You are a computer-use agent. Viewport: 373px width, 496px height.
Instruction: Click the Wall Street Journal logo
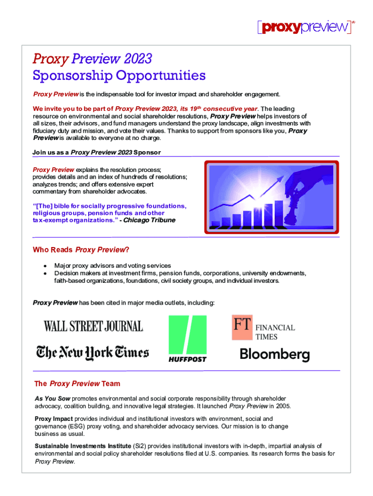(x=93, y=326)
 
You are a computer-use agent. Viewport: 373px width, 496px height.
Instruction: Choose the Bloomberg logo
(x=275, y=354)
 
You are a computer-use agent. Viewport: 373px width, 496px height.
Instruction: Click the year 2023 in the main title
(x=138, y=59)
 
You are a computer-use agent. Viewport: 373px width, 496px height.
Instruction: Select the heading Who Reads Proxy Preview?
(x=81, y=250)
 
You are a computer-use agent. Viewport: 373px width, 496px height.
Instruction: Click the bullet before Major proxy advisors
(x=45, y=266)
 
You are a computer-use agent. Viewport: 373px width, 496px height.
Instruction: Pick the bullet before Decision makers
(x=45, y=273)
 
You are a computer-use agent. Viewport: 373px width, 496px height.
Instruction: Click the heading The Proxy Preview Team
(x=77, y=384)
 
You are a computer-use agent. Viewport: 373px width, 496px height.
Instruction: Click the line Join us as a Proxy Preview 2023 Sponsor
(x=96, y=152)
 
